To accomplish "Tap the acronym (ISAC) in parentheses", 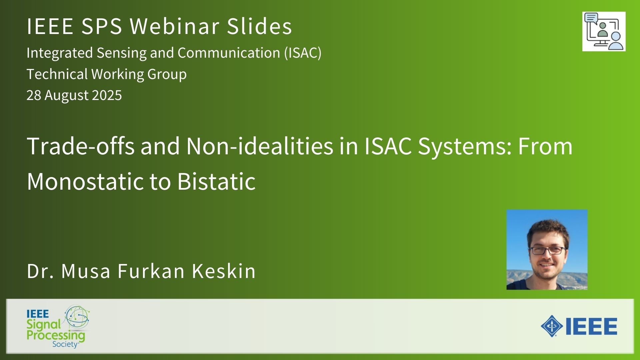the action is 303,53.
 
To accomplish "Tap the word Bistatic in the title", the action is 216,181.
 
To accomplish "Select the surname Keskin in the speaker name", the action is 224,271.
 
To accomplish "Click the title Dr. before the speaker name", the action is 40,271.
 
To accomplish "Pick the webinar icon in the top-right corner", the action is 604,31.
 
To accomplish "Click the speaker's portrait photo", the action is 547,249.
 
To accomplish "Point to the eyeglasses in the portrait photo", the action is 547,250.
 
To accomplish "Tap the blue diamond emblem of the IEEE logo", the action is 552,326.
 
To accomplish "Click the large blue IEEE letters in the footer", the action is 591,326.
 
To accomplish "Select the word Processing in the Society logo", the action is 56,335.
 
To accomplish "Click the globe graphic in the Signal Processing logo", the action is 77,317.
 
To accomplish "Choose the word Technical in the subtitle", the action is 57,74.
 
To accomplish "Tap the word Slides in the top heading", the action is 259,26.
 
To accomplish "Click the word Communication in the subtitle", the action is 229,53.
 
